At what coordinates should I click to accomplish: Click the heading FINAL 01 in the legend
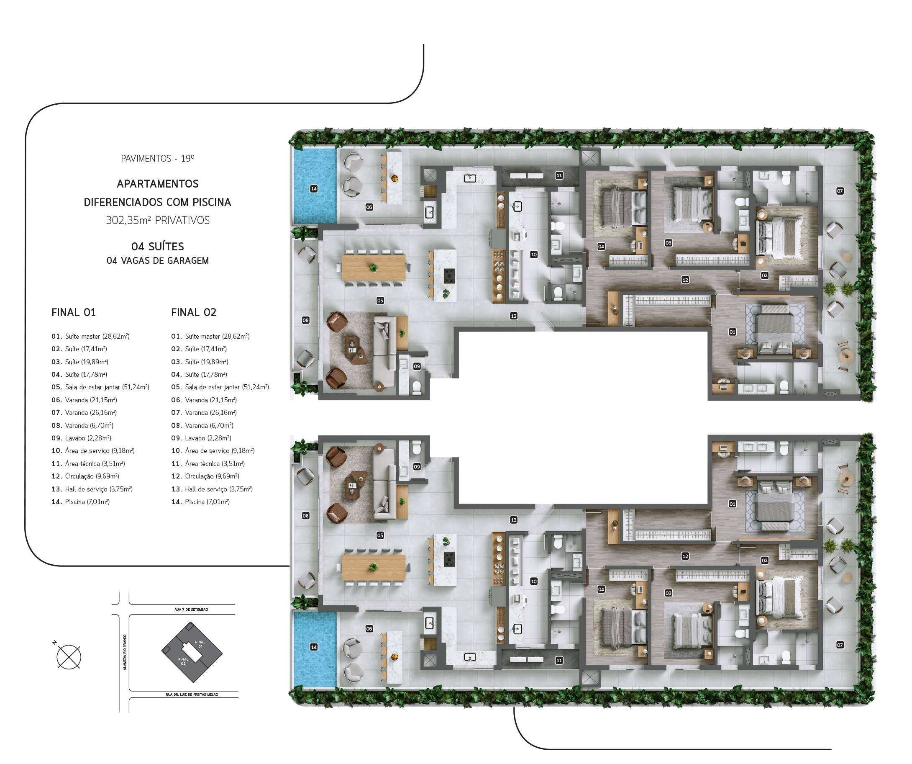coord(73,312)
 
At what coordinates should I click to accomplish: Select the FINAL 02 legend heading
coord(194,312)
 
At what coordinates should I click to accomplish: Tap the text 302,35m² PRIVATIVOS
coord(158,220)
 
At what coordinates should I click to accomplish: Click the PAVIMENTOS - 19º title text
coord(158,159)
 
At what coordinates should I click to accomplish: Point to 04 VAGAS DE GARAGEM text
coord(158,261)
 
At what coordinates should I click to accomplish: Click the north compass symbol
coord(69,657)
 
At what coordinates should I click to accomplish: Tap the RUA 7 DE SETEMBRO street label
coord(191,610)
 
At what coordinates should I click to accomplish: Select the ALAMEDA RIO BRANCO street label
coord(125,652)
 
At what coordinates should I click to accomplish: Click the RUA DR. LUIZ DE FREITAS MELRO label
coord(192,695)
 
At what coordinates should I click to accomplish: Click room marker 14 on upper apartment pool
coord(314,189)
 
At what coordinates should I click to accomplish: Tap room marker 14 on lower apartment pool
coord(314,647)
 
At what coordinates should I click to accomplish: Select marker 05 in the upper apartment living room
coord(380,301)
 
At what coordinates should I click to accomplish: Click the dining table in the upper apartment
coord(374,268)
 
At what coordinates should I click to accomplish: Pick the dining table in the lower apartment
coord(374,568)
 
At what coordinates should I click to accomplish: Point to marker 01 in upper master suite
coord(732,332)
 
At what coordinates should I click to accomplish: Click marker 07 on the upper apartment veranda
coord(840,191)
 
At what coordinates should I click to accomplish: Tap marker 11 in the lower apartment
coord(559,661)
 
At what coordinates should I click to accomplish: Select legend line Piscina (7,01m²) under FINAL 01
coord(80,502)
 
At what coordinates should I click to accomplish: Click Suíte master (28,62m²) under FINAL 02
coord(210,336)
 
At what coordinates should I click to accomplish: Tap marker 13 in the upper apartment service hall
coord(514,316)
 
